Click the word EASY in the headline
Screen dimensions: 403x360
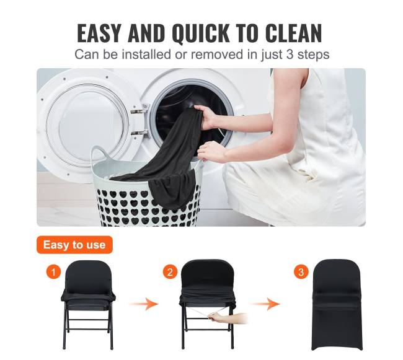[x=99, y=33]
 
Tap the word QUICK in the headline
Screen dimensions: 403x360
[x=200, y=33]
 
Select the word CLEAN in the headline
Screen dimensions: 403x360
[x=293, y=33]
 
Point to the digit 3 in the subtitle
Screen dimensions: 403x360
[x=290, y=55]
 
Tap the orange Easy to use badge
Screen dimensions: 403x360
[x=74, y=245]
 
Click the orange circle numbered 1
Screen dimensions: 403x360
[x=53, y=271]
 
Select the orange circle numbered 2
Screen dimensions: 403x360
[x=170, y=271]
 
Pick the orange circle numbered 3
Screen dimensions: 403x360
[x=301, y=271]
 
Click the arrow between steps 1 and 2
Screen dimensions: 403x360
[x=144, y=304]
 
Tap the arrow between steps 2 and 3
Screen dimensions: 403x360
[x=265, y=304]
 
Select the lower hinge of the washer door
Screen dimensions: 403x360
[x=139, y=133]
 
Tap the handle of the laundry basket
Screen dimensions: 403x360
[x=99, y=154]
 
